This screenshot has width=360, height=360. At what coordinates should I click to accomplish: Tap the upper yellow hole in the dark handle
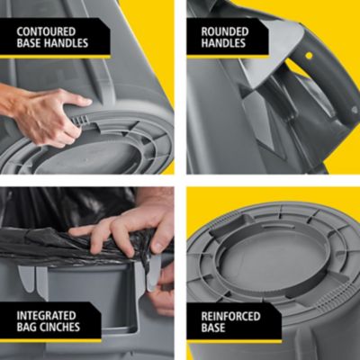click(x=308, y=56)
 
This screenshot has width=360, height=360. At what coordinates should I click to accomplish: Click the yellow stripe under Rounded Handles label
click(x=229, y=56)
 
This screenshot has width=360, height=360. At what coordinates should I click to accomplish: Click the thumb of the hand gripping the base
click(x=72, y=101)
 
